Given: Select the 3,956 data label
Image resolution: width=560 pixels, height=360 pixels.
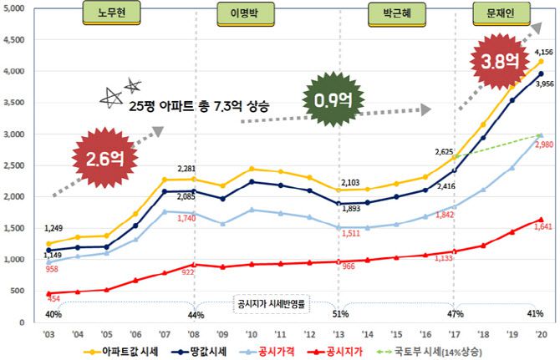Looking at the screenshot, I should pyautogui.click(x=542, y=84).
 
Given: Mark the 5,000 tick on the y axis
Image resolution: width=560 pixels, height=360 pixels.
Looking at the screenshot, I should pyautogui.click(x=20, y=8).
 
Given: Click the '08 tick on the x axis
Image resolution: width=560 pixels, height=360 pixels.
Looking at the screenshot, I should pyautogui.click(x=195, y=332).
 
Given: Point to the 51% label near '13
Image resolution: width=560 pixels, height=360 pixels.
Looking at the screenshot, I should pyautogui.click(x=339, y=313).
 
